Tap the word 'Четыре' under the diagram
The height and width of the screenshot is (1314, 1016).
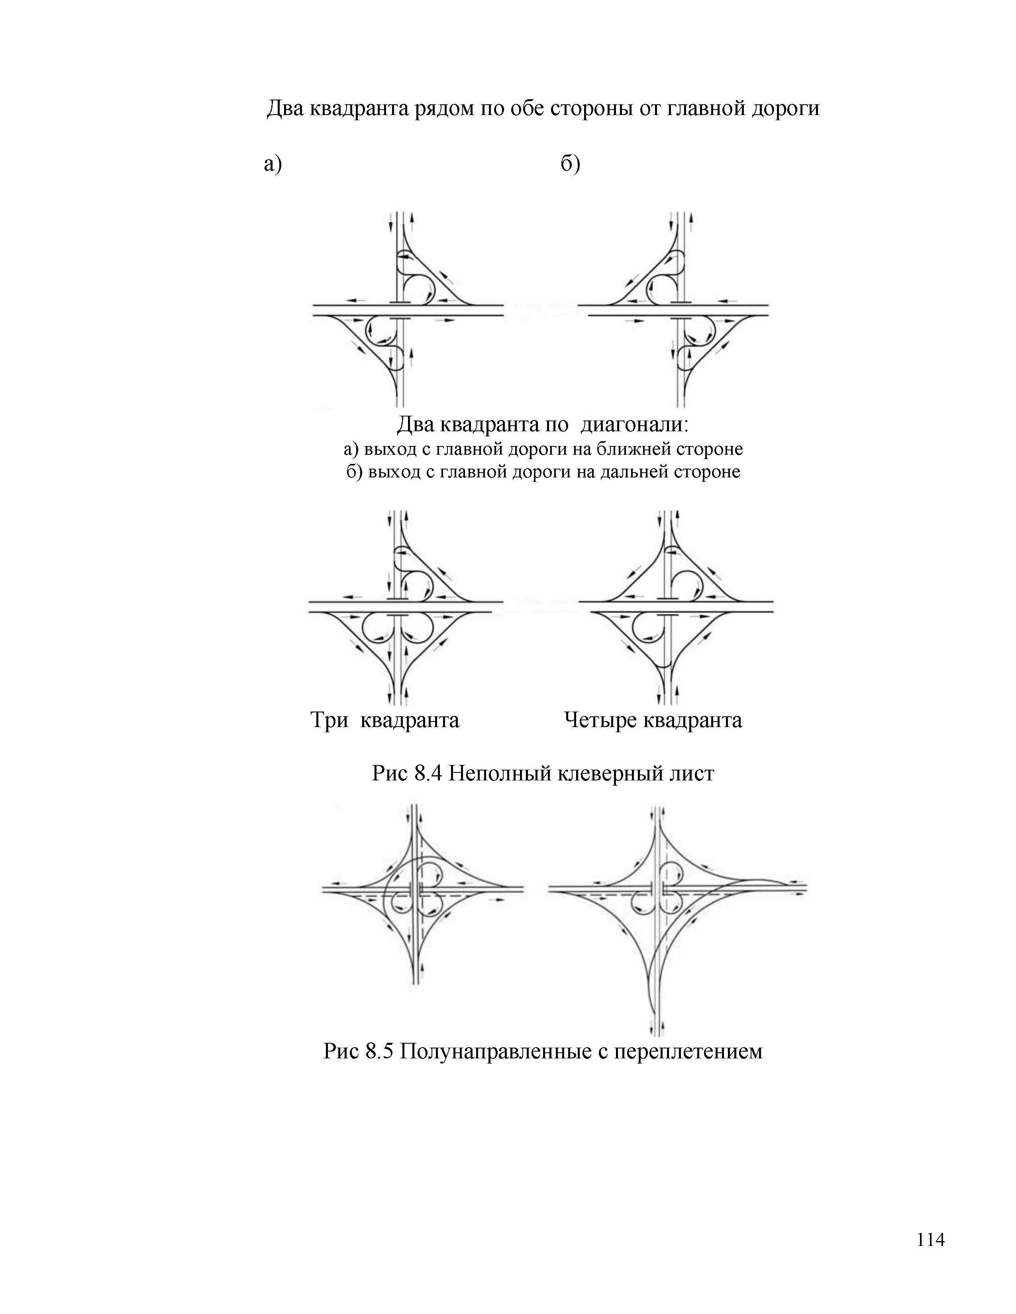601,720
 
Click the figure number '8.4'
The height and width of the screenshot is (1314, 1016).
429,773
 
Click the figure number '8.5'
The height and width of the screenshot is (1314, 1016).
379,1051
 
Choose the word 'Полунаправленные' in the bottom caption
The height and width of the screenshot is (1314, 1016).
495,1051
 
